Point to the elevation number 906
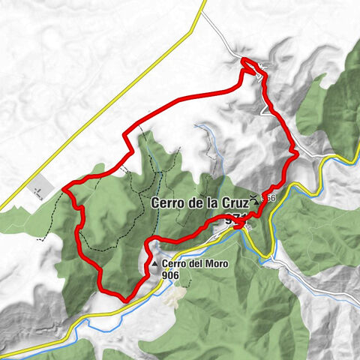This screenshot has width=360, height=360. pos(171,274)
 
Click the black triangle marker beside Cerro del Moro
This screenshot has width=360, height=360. pos(154,265)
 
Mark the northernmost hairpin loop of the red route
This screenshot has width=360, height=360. pos(247,66)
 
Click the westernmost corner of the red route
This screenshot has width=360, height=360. pos(65,187)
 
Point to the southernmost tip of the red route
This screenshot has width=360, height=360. pos(124,298)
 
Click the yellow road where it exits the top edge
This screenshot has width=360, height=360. pos(204,3)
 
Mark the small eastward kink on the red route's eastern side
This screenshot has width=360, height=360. pos(295,154)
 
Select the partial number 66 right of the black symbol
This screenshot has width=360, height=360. pos(270,198)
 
